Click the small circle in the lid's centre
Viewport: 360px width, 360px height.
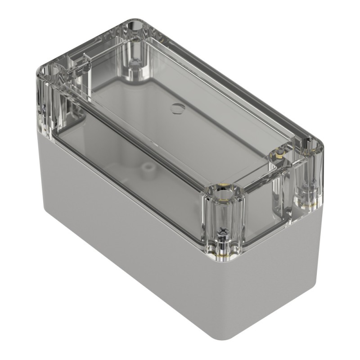point(176,107)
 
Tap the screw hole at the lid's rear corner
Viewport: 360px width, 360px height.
point(136,27)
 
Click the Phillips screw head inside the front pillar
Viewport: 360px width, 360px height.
point(222,231)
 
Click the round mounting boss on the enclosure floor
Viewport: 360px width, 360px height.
point(146,168)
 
